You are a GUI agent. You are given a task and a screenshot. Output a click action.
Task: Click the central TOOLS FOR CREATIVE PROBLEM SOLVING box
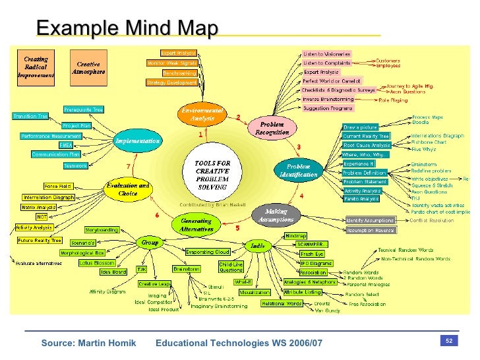[x=212, y=174]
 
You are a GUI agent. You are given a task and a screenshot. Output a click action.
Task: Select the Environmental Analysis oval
[x=198, y=115]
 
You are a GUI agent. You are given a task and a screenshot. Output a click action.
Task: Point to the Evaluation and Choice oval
[x=127, y=189]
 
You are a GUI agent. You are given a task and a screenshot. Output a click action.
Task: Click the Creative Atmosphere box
[x=88, y=68]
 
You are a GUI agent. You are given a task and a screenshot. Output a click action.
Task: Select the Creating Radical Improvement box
[x=36, y=68]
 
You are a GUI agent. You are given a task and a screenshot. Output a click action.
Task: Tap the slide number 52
[x=448, y=341]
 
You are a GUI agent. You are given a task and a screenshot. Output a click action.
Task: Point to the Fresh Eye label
[x=311, y=253]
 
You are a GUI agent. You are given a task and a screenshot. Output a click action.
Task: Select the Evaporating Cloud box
[x=207, y=252]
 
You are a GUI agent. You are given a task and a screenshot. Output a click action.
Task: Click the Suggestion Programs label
[x=328, y=108]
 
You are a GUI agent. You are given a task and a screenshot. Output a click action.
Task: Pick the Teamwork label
[x=75, y=165]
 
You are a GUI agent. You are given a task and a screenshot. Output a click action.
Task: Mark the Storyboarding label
[x=102, y=230]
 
